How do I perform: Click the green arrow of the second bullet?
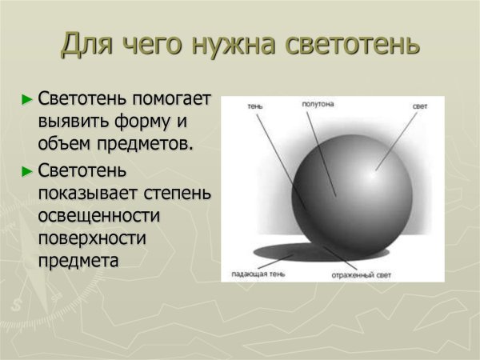[28, 170]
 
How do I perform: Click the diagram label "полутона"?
[318, 105]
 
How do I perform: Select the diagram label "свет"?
[420, 106]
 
